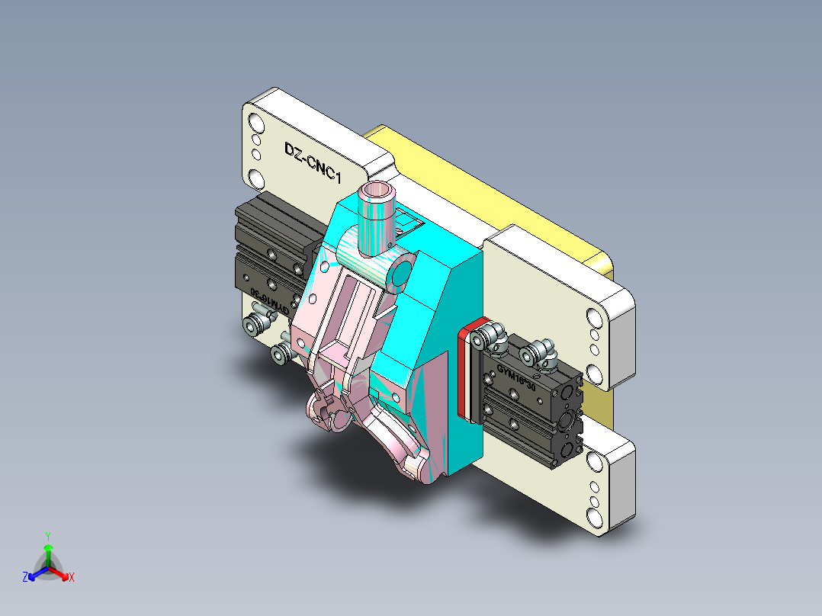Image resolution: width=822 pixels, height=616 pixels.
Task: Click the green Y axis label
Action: click(x=47, y=535)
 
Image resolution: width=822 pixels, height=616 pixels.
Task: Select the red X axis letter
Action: click(x=72, y=578)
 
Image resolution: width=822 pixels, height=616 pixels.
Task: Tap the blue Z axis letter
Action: click(x=25, y=578)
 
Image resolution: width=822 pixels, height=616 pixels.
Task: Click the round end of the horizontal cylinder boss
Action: click(x=400, y=273)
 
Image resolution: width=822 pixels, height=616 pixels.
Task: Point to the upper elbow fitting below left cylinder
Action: click(x=257, y=323)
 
